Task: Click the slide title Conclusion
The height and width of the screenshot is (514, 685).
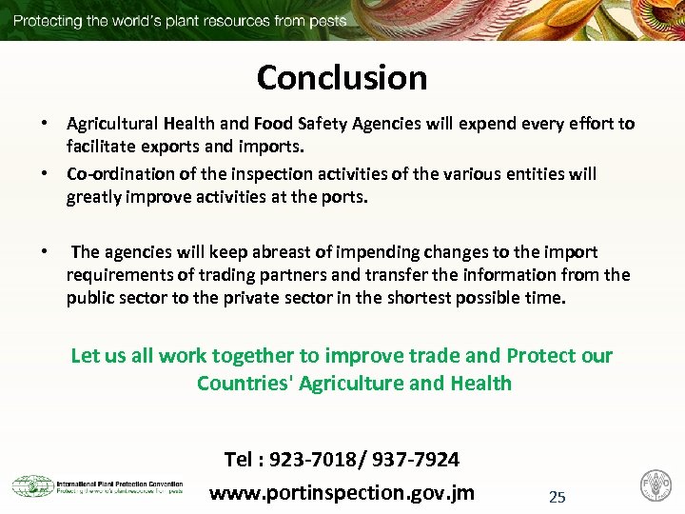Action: [x=342, y=77]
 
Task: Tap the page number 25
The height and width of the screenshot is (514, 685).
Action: [x=558, y=497]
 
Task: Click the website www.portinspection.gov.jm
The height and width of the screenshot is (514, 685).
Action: [x=342, y=493]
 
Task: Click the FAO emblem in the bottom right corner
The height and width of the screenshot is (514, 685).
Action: [x=655, y=484]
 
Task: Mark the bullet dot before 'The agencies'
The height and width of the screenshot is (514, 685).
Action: [x=44, y=252]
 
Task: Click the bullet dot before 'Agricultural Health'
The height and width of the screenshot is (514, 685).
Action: [x=44, y=124]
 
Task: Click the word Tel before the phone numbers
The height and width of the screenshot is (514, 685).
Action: [x=238, y=460]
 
